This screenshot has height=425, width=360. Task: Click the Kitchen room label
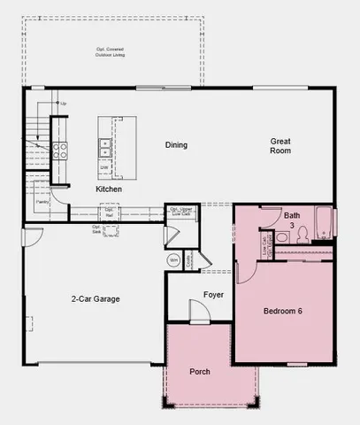109,189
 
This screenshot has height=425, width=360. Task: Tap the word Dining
177,145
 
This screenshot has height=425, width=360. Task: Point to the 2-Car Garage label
95,298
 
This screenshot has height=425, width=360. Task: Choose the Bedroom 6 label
283,311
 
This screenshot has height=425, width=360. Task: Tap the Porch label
200,371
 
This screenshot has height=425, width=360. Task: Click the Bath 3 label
292,220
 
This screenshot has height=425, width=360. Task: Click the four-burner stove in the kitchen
60,151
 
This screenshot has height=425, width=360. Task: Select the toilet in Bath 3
303,235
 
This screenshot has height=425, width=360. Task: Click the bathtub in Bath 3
325,222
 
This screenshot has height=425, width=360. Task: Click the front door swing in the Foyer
199,312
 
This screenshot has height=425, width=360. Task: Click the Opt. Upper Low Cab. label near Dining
181,211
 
